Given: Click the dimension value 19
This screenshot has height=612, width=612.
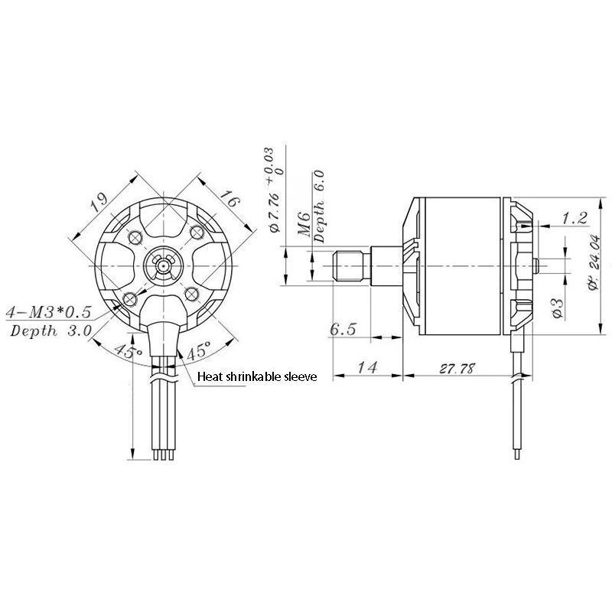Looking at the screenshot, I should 97,203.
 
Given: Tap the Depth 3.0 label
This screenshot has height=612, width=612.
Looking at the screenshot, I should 50,330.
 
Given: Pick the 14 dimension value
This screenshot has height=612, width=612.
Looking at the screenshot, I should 368,368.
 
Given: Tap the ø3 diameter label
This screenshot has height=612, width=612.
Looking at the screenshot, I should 558,304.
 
